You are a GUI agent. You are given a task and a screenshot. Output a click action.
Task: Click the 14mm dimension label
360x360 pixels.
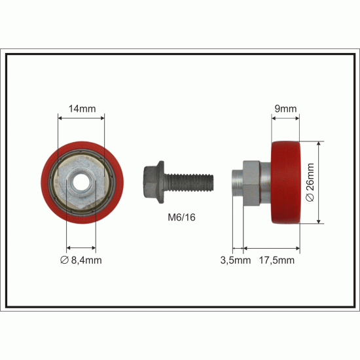[82, 109]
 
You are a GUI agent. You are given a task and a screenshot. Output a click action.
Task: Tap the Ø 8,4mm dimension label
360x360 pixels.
[81, 260]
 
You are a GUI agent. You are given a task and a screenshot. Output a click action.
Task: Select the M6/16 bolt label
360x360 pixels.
[181, 217]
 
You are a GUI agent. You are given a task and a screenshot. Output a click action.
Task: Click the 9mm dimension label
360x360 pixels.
[285, 109]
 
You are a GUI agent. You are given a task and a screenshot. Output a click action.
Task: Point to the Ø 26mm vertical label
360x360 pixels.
[310, 183]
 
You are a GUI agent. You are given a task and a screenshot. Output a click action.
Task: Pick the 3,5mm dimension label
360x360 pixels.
[236, 260]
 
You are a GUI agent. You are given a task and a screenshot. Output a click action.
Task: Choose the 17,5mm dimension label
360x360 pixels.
[277, 260]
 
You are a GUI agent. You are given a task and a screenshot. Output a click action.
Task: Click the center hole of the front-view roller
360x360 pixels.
[81, 183]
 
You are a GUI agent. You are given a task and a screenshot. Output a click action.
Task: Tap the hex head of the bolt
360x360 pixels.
[150, 182]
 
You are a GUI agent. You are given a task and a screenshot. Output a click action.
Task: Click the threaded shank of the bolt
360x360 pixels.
[190, 183]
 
